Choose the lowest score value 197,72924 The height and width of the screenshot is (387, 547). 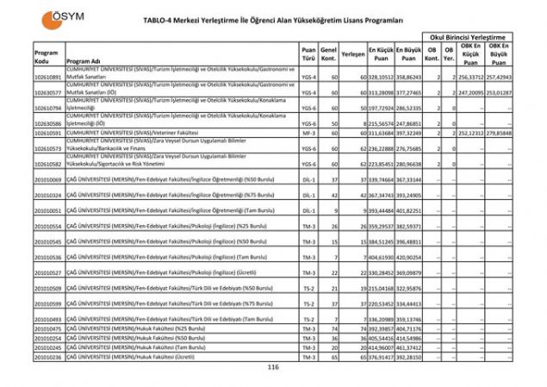[x=382, y=108]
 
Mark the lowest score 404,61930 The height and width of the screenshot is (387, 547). [x=382, y=257]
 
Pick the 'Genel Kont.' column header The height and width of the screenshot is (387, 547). [x=328, y=53]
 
